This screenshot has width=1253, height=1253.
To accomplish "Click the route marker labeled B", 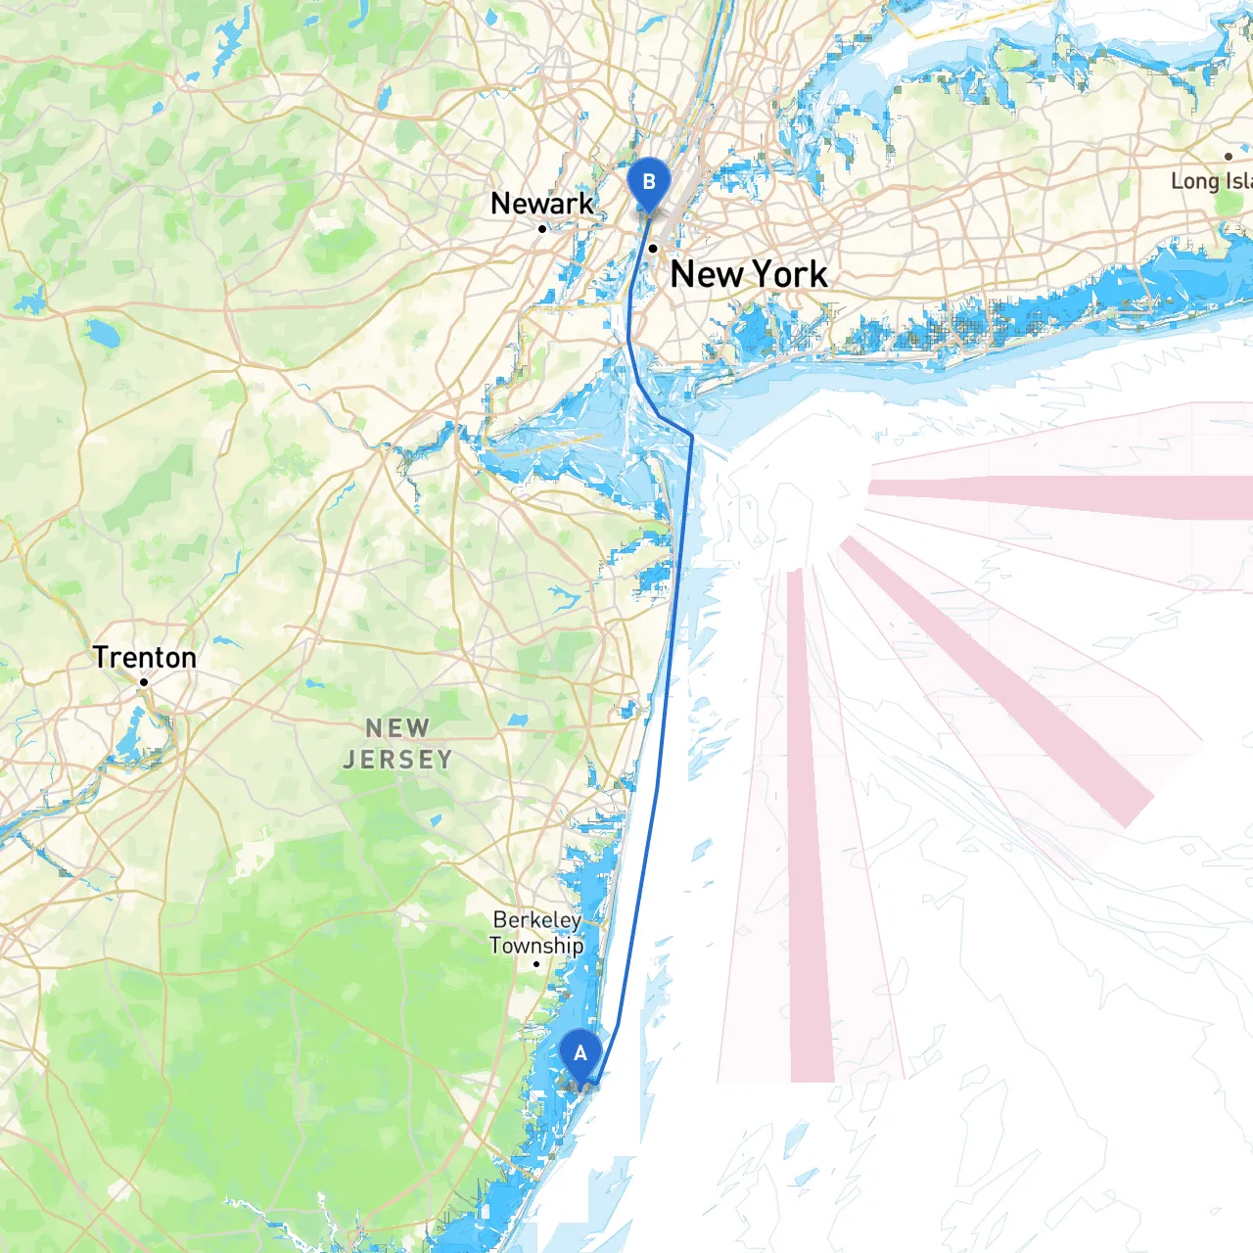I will point(648,183).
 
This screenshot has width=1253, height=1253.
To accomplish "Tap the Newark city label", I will point(541,204).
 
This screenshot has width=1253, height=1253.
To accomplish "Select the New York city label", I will point(748,274).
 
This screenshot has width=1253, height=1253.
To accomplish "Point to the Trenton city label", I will point(145,657).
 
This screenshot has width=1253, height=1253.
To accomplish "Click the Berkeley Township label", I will point(536,933).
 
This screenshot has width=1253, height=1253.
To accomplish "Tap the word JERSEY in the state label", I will point(397,760).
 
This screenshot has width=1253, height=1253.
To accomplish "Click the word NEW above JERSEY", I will point(397,728).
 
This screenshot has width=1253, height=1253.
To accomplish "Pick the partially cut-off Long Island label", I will point(1212,181).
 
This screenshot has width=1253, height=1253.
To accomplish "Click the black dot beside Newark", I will point(542,229).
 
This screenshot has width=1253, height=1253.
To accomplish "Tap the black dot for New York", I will point(653,249).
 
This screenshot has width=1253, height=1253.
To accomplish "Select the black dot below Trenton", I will point(144,682).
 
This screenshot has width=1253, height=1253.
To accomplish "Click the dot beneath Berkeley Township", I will point(536,964).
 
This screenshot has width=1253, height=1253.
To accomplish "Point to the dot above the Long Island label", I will point(1229,157).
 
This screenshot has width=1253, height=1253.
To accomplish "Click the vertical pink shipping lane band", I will point(810,832).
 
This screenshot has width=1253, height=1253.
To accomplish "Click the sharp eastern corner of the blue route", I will point(692,436).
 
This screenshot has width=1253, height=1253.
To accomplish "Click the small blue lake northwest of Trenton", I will point(101,336).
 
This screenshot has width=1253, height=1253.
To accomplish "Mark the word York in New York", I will point(789,274).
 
